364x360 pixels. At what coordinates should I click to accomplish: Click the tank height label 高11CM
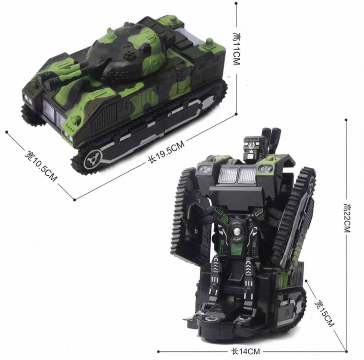[236, 49]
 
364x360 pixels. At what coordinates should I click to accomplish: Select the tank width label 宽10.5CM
[41, 166]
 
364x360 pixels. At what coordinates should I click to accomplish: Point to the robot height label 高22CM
[347, 218]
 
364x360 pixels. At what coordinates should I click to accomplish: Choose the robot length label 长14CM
[246, 351]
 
